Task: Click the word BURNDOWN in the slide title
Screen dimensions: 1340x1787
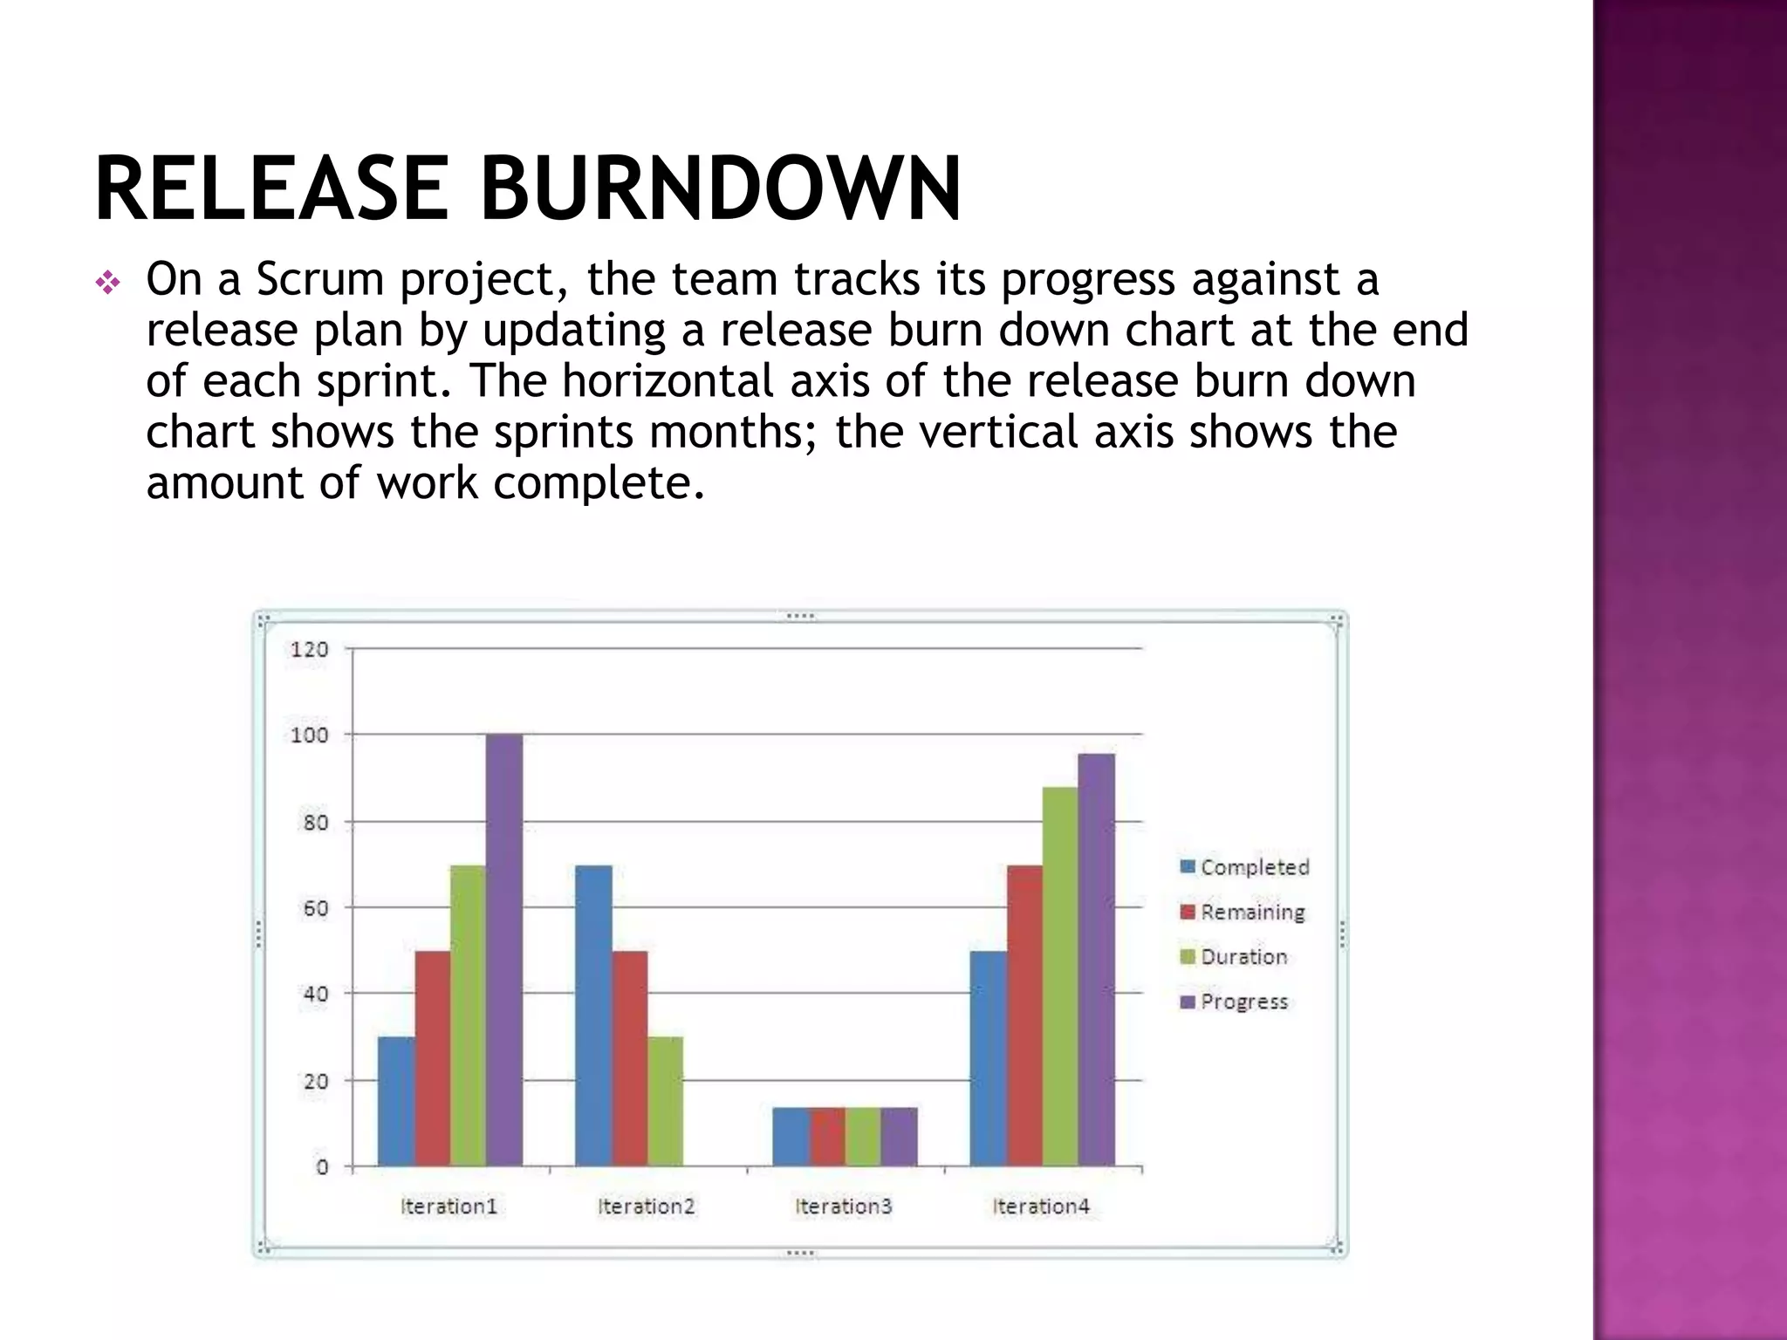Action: (x=721, y=188)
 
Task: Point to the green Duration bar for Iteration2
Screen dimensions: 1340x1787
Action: (x=665, y=1101)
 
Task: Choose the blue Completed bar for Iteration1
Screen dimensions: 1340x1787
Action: (x=396, y=1101)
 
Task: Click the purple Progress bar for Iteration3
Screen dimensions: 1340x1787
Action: (x=899, y=1137)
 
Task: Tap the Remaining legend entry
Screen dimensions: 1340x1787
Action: (x=1243, y=913)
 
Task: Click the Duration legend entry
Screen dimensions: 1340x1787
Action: (x=1234, y=957)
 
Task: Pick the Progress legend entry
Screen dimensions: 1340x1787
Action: (x=1234, y=1002)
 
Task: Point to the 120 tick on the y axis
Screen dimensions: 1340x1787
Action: (x=309, y=649)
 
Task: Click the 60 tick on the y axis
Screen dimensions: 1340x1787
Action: (x=316, y=908)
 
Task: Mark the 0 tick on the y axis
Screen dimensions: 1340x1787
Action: (x=322, y=1167)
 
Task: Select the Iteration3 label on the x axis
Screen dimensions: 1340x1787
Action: (x=844, y=1207)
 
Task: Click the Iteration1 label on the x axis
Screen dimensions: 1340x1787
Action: (x=448, y=1207)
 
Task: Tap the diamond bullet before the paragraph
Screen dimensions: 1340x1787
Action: (x=107, y=284)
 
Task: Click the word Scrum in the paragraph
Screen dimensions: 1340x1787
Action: (x=320, y=280)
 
